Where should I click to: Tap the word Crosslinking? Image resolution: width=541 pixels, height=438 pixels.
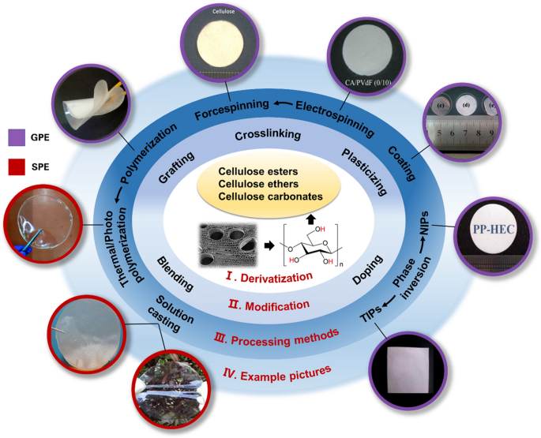point(266,135)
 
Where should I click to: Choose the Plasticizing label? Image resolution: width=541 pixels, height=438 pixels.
point(365,171)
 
